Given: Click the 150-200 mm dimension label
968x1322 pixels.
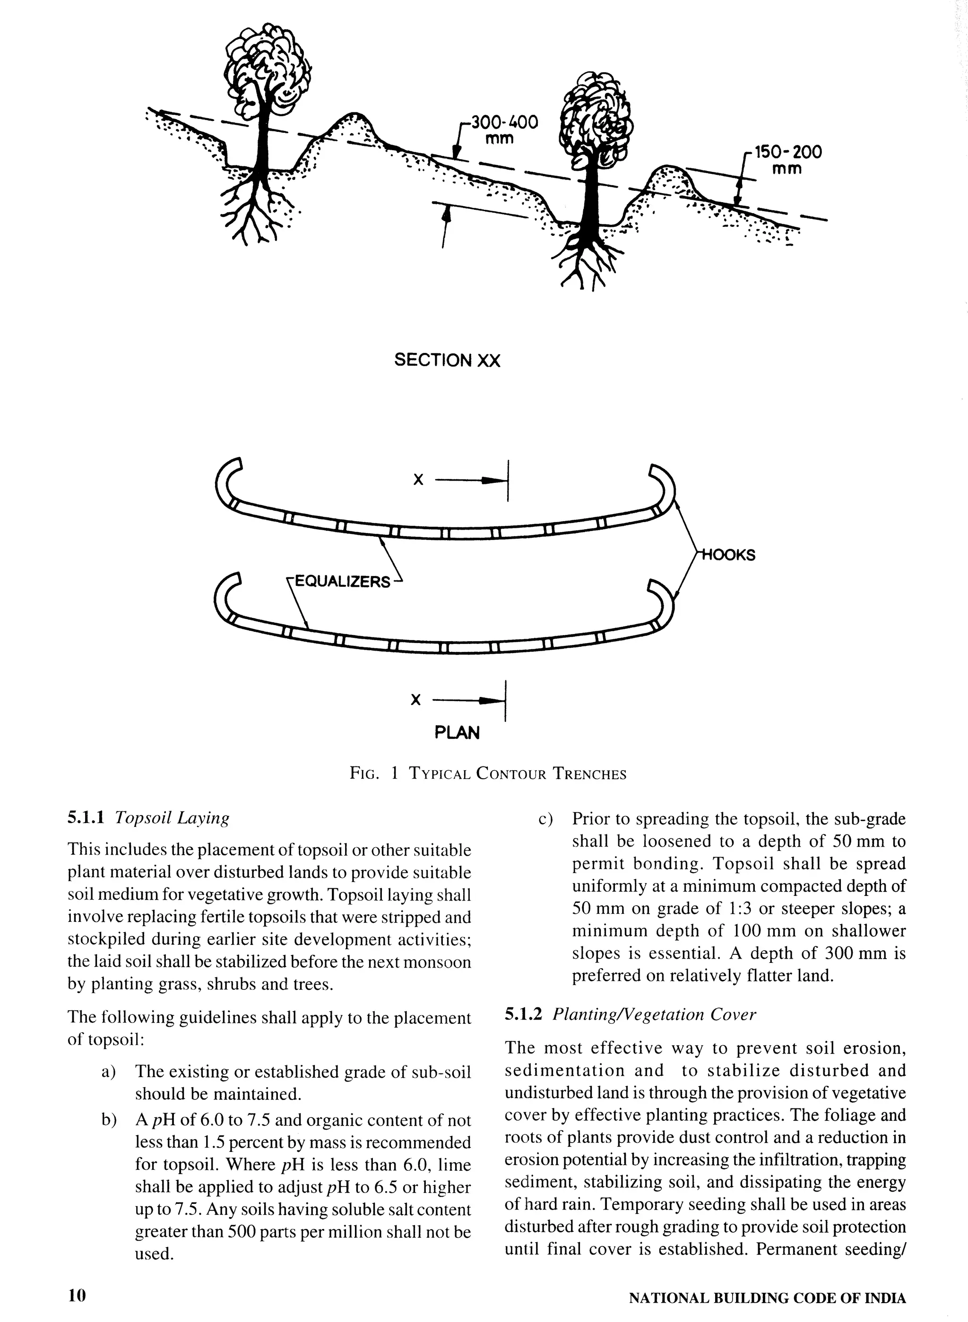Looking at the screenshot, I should click(787, 160).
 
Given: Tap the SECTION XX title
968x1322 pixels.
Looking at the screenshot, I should click(447, 360).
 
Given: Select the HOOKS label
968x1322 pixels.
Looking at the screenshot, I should click(729, 555).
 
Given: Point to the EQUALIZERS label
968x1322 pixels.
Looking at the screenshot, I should click(342, 582).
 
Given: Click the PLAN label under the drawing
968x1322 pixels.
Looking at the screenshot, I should click(457, 732).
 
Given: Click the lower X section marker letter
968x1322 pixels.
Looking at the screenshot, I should click(415, 700).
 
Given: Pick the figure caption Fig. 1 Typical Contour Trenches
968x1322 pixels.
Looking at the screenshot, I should click(487, 774).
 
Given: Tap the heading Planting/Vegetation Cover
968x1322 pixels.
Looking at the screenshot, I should click(654, 1014).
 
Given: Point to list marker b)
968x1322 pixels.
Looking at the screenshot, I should click(109, 1121).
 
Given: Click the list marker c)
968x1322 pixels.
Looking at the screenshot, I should click(545, 819).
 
